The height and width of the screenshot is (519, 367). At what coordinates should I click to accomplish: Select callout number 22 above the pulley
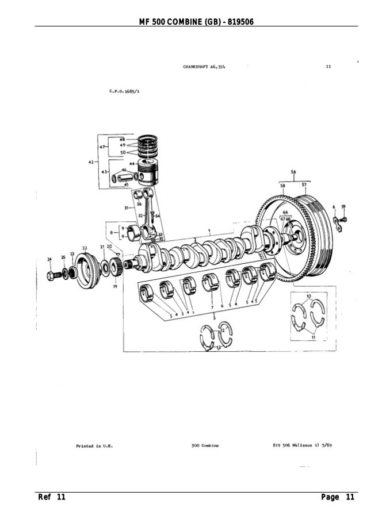click(x=85, y=248)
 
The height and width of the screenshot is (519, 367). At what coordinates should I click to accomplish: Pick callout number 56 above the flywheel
click(x=293, y=172)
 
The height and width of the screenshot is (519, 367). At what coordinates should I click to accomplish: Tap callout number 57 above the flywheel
click(x=303, y=185)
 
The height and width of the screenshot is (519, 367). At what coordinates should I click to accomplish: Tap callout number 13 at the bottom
click(x=219, y=348)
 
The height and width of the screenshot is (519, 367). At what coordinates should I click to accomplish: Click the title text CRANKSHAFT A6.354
click(x=204, y=67)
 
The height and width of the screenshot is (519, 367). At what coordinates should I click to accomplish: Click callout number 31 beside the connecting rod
click(x=126, y=207)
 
